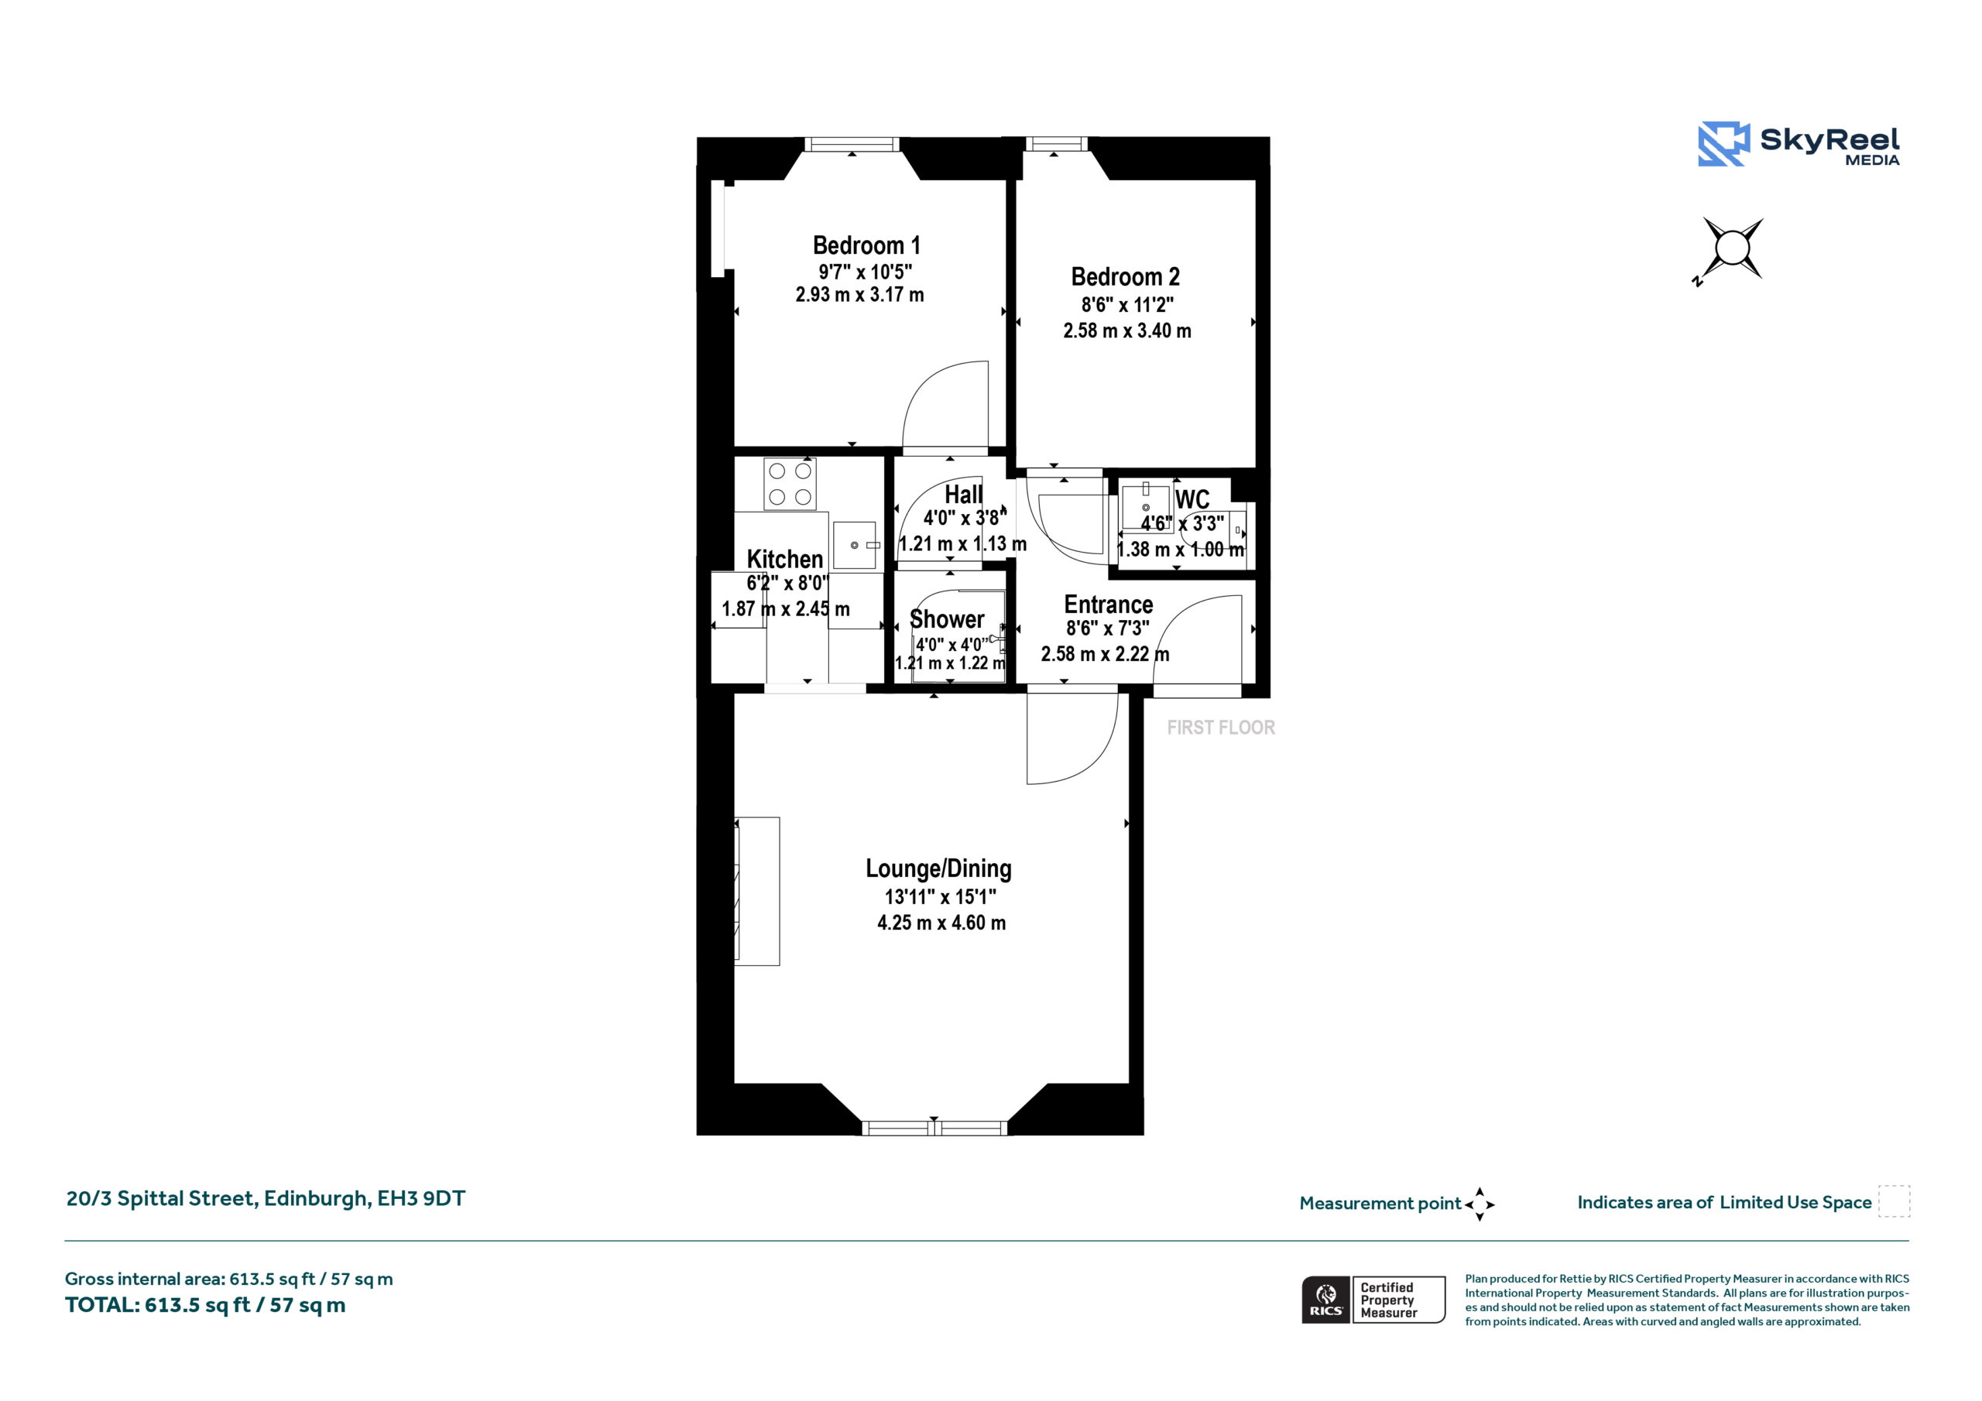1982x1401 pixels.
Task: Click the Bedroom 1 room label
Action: (866, 245)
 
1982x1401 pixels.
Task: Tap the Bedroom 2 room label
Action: (1126, 276)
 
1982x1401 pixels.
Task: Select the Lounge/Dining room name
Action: (938, 869)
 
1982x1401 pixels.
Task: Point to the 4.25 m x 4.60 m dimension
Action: (941, 923)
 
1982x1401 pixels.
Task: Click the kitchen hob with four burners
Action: (790, 484)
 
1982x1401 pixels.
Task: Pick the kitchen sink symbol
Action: (855, 545)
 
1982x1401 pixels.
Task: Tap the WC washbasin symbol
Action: (1146, 508)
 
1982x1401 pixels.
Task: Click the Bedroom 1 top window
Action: (852, 144)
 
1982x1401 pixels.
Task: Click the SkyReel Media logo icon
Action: (1724, 143)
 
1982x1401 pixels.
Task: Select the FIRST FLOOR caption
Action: (1221, 728)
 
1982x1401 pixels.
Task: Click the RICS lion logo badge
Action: (1326, 1299)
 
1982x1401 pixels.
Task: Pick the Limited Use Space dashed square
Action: (1894, 1201)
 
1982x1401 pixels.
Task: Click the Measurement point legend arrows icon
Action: (1480, 1204)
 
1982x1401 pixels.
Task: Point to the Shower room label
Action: (947, 620)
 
